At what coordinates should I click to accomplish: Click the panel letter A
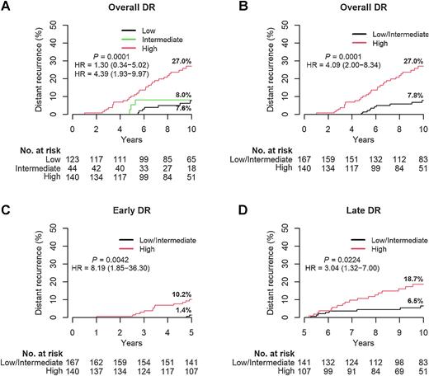coord(7,10)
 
